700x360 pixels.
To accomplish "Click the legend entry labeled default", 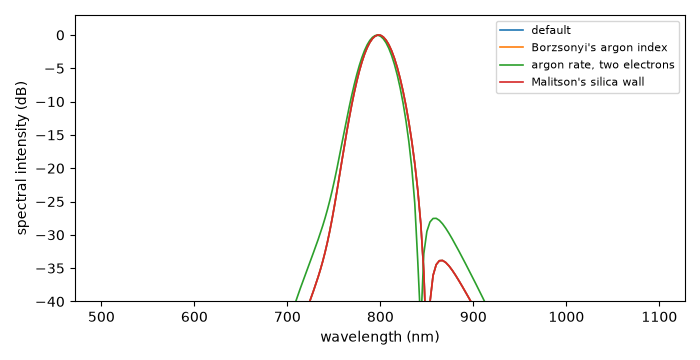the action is [x=551, y=30].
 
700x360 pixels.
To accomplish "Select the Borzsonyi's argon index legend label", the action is [x=599, y=47].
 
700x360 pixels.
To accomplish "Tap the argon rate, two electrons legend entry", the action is [x=603, y=65].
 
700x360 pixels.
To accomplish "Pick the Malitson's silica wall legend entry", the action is [x=588, y=82].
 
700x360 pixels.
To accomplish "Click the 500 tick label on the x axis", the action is [x=101, y=318].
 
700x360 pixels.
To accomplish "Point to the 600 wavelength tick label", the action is [x=194, y=318].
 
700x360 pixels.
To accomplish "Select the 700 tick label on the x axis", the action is [x=287, y=318].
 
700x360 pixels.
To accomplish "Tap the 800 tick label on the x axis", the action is [x=380, y=318].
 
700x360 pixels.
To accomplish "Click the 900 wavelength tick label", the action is [x=473, y=318].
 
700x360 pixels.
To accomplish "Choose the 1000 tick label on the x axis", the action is [x=566, y=318].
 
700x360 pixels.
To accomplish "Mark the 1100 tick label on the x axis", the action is [x=658, y=318].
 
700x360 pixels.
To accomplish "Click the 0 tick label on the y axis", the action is [x=60, y=35].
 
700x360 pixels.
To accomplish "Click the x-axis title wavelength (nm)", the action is [x=380, y=337].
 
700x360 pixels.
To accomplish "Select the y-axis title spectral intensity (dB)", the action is [x=22, y=159].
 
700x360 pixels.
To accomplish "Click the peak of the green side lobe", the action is [x=434, y=218].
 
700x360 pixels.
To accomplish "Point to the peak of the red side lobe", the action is [x=441, y=260].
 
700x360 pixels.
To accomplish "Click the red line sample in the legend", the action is [x=512, y=82].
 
